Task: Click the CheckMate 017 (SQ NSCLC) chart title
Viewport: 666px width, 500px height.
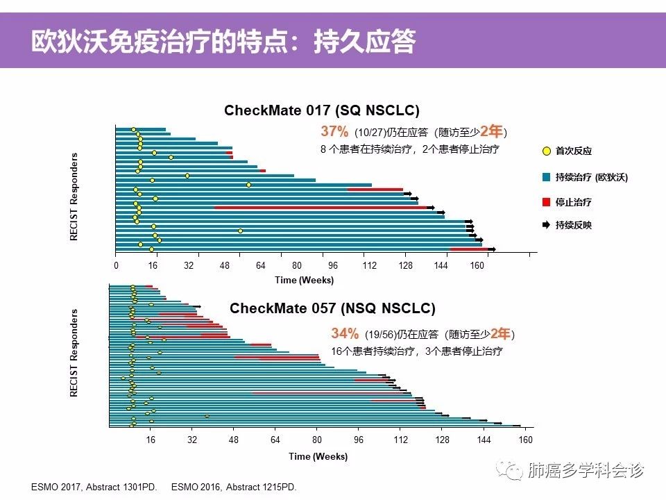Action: (321, 110)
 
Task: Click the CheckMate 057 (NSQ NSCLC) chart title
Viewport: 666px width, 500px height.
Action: (332, 308)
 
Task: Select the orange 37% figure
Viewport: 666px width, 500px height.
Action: (334, 132)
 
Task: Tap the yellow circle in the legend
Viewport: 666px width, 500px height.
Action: (547, 151)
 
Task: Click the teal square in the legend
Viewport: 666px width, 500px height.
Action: (547, 177)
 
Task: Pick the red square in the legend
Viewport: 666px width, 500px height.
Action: (547, 201)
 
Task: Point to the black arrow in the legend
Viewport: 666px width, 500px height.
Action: (547, 225)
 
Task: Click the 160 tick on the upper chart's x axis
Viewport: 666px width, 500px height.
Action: (477, 265)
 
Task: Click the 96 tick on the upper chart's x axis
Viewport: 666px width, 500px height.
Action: (333, 265)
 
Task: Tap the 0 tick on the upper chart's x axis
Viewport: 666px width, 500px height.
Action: (117, 265)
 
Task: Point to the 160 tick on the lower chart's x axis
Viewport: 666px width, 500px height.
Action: (525, 439)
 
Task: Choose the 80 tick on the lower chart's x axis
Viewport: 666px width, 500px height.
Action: (317, 439)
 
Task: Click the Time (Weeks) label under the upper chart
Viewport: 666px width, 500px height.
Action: (304, 280)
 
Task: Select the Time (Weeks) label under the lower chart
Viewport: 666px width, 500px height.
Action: (318, 456)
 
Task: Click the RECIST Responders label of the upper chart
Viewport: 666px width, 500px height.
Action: (74, 197)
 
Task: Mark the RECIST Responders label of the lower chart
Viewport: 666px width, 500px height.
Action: (74, 353)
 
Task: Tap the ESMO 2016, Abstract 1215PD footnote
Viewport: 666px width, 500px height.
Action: (234, 487)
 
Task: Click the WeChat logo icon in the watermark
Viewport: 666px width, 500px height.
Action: (513, 472)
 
